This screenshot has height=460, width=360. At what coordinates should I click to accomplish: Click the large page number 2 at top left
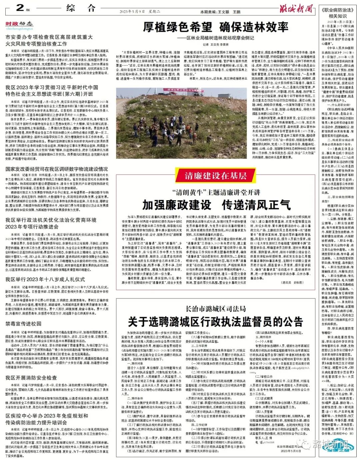coord(20,8)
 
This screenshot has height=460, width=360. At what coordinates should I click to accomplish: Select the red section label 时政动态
coord(19,24)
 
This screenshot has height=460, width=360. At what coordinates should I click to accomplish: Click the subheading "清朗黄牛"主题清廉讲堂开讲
coord(216,192)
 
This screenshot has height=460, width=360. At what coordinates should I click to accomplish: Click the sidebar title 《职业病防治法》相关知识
coord(338,13)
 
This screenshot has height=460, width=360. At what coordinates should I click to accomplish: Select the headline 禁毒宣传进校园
coord(23,324)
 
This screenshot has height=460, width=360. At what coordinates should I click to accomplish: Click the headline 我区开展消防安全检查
coord(31,378)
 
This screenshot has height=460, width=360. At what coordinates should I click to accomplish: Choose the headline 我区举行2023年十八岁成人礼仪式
coord(45,279)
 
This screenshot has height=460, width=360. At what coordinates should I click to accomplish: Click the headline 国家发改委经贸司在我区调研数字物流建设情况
coord(57,169)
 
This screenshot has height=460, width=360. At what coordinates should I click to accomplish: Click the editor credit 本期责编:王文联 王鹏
coord(220,12)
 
